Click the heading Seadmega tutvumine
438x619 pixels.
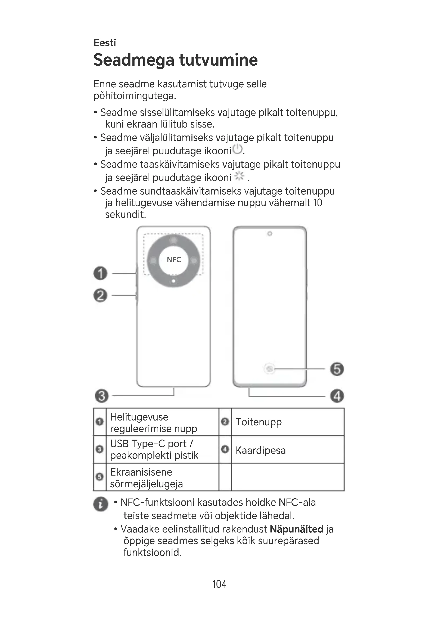175,60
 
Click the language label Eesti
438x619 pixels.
105,43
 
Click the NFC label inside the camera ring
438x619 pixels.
174,260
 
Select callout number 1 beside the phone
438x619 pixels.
100,273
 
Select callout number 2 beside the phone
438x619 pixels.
100,295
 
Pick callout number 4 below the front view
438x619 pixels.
337,396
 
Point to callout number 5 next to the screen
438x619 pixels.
337,369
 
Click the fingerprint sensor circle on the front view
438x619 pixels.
269,369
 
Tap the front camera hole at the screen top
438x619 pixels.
269,234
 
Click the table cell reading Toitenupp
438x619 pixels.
259,422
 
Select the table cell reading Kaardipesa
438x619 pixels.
261,450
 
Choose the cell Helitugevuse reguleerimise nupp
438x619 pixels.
154,422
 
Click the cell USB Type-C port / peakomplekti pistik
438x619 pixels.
154,449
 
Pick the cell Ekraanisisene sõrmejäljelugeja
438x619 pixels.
146,478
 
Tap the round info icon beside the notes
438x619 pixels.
101,504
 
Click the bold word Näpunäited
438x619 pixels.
296,529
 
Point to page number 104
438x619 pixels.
219,584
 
